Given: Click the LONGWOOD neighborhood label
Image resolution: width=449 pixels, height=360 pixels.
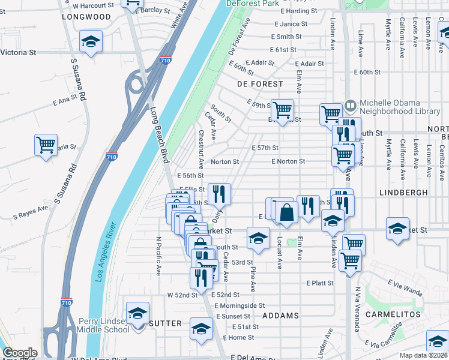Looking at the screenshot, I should (86, 17).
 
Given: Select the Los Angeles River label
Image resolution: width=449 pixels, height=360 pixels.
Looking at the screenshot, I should (106, 253).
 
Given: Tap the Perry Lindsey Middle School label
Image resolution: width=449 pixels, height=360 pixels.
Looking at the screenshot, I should (103, 325).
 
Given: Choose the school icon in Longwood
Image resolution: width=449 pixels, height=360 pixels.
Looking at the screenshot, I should (91, 42).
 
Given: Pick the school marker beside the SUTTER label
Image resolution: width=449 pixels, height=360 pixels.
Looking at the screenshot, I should (137, 314).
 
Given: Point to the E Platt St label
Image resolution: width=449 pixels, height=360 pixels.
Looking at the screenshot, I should (319, 283).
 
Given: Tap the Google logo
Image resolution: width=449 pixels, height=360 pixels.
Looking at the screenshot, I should (20, 353).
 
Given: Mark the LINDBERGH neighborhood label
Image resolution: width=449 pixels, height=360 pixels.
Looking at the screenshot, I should (404, 193).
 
